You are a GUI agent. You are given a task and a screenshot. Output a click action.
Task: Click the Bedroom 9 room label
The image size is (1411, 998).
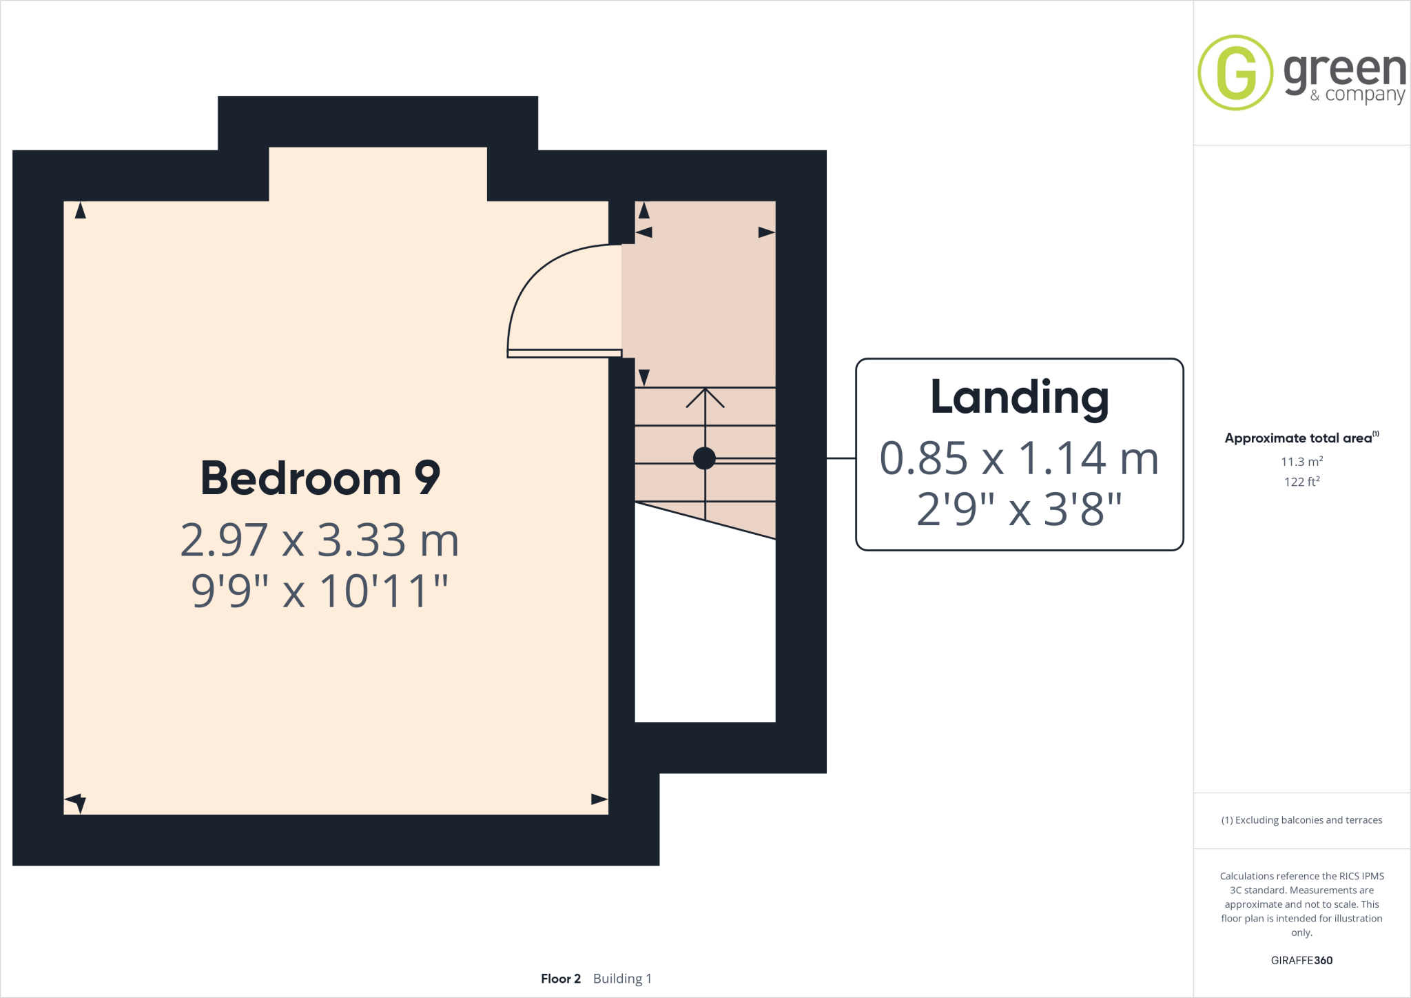[x=320, y=478]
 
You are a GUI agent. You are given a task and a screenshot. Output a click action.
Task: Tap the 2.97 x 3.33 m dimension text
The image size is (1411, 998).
[x=320, y=540]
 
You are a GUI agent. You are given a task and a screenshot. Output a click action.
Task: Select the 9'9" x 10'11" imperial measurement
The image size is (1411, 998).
[x=320, y=591]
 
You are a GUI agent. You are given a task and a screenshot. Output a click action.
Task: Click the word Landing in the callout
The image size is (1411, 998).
[x=1020, y=398]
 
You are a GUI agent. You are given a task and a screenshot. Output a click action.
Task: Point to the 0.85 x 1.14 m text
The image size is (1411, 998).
[x=1020, y=458]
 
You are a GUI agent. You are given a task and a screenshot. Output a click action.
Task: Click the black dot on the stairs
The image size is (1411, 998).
[x=704, y=458]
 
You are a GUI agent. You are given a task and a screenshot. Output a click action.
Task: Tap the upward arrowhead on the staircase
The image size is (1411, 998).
[x=705, y=396]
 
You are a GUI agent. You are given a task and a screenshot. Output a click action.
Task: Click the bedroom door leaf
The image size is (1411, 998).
[x=564, y=354]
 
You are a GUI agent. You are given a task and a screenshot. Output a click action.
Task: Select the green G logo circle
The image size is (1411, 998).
[x=1235, y=72]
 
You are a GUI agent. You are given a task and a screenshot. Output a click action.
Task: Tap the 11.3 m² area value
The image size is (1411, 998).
[x=1301, y=462]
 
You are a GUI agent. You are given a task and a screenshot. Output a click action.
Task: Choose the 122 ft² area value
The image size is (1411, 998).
[x=1301, y=482]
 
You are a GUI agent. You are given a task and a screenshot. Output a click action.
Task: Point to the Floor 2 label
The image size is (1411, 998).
[x=561, y=979]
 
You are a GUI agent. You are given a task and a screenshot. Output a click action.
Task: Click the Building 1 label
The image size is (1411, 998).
[x=622, y=979]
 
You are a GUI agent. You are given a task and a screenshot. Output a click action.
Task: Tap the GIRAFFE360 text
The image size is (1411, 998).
[x=1301, y=960]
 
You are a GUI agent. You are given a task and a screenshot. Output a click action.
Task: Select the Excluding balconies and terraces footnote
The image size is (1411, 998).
[x=1301, y=820]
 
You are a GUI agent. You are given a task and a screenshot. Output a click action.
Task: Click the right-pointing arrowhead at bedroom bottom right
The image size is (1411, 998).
[x=599, y=800]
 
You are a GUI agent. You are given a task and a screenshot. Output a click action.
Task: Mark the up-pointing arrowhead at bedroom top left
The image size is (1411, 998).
[x=81, y=210]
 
